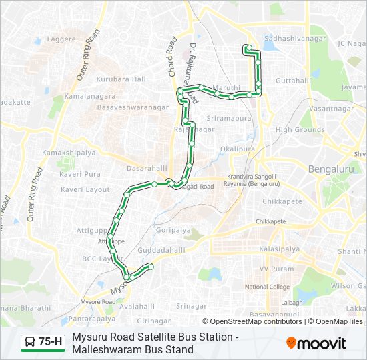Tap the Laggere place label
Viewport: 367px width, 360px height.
click(62, 39)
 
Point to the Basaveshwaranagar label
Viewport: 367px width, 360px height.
click(133, 106)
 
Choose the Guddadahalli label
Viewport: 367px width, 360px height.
click(161, 250)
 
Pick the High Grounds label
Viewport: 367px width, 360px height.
click(300, 130)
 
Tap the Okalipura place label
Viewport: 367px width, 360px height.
click(238, 149)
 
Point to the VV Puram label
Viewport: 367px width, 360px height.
click(276, 269)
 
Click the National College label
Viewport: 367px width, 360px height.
click(267, 287)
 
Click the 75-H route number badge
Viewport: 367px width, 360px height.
click(51, 343)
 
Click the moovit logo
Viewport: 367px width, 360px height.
click(316, 343)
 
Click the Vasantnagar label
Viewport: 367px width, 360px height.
click(332, 108)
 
